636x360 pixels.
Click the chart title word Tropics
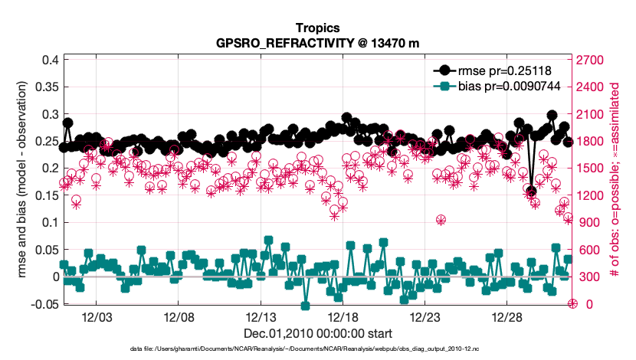click(317, 28)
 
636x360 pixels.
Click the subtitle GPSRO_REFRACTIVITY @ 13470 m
click(317, 43)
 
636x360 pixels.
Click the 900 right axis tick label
click(588, 222)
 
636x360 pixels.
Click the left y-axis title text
click(22, 182)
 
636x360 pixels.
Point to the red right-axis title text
click(617, 182)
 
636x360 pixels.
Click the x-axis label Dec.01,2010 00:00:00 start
click(317, 333)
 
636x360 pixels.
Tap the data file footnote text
click(317, 349)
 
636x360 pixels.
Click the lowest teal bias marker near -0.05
click(305, 306)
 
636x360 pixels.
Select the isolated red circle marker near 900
click(441, 220)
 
